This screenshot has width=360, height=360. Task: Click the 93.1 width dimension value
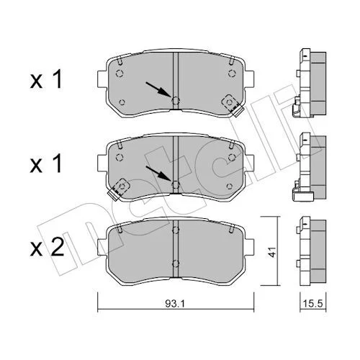coord(175,304)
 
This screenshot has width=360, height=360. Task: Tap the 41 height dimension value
coord(271,252)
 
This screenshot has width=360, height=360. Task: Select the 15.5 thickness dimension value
coord(313,304)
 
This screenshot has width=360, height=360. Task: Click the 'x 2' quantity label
coord(48,247)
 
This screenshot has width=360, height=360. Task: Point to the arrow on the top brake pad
coord(158,89)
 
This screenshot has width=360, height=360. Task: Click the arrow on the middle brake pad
coord(158,174)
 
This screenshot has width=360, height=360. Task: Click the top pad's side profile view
coord(310,83)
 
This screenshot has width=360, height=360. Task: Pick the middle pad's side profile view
coord(310,166)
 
